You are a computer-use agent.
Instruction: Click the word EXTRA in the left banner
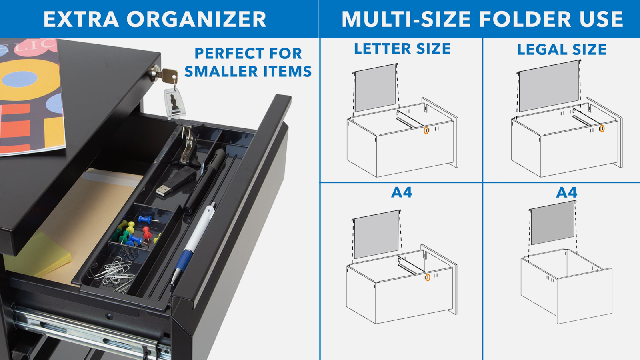click(81, 20)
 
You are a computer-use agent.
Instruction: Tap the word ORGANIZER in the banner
click(196, 20)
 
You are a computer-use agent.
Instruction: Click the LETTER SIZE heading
click(402, 48)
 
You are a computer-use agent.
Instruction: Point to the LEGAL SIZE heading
click(562, 50)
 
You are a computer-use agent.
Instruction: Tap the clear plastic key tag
click(174, 103)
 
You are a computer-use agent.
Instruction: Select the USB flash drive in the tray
click(175, 182)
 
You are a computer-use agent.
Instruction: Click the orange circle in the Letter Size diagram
click(426, 130)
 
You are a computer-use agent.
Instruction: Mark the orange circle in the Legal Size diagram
click(602, 128)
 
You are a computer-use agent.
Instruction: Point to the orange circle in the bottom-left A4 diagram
click(428, 277)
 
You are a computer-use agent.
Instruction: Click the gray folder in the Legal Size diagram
click(549, 86)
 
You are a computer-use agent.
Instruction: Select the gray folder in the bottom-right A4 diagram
click(552, 223)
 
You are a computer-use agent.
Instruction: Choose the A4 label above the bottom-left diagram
click(402, 192)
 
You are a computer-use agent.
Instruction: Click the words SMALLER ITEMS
click(248, 72)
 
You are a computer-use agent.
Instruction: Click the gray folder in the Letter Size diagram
click(376, 88)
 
